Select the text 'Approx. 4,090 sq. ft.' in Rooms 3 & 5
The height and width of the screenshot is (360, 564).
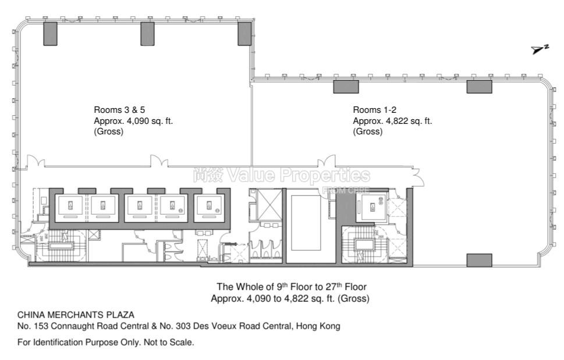click(x=133, y=120)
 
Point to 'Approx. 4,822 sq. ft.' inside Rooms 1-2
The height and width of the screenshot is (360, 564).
click(x=392, y=120)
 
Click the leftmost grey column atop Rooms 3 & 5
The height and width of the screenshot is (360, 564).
click(x=51, y=34)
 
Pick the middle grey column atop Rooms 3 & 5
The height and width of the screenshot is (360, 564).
click(x=148, y=34)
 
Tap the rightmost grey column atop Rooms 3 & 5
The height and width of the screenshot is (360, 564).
click(x=244, y=34)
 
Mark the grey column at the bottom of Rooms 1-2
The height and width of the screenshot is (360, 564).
click(x=479, y=260)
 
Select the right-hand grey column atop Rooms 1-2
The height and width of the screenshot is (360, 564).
click(x=479, y=87)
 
